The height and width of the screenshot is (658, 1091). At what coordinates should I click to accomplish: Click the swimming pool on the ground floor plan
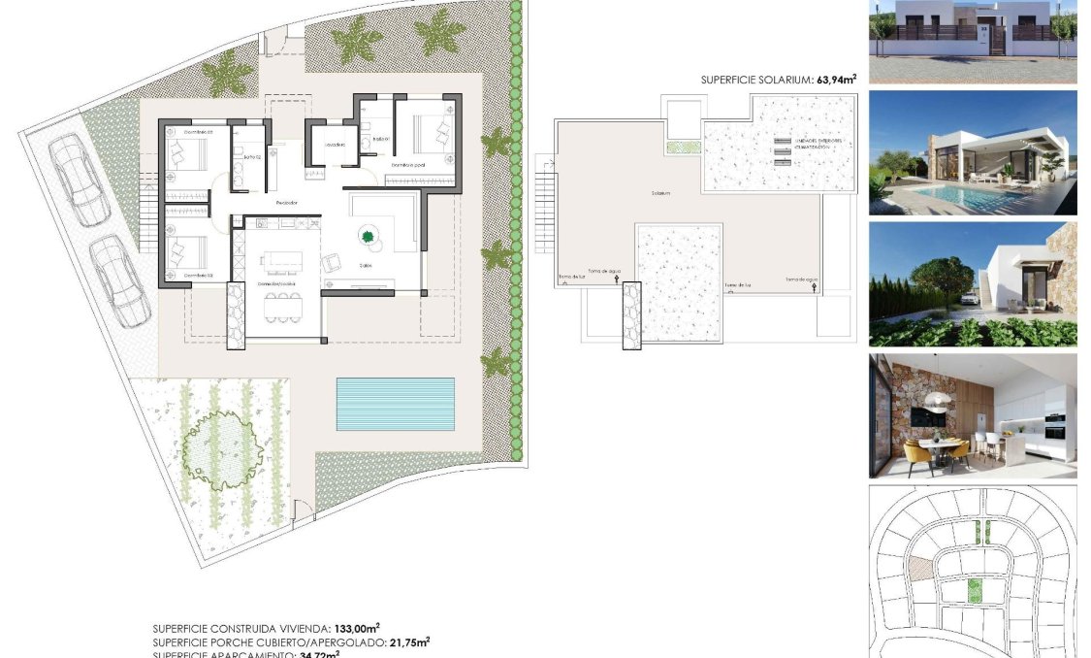396,404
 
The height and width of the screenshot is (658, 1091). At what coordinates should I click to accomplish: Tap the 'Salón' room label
366,264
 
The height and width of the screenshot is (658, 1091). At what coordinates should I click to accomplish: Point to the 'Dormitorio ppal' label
409,165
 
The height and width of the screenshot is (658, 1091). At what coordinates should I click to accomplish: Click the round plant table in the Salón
369,236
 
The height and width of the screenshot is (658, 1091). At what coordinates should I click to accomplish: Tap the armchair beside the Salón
332,262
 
